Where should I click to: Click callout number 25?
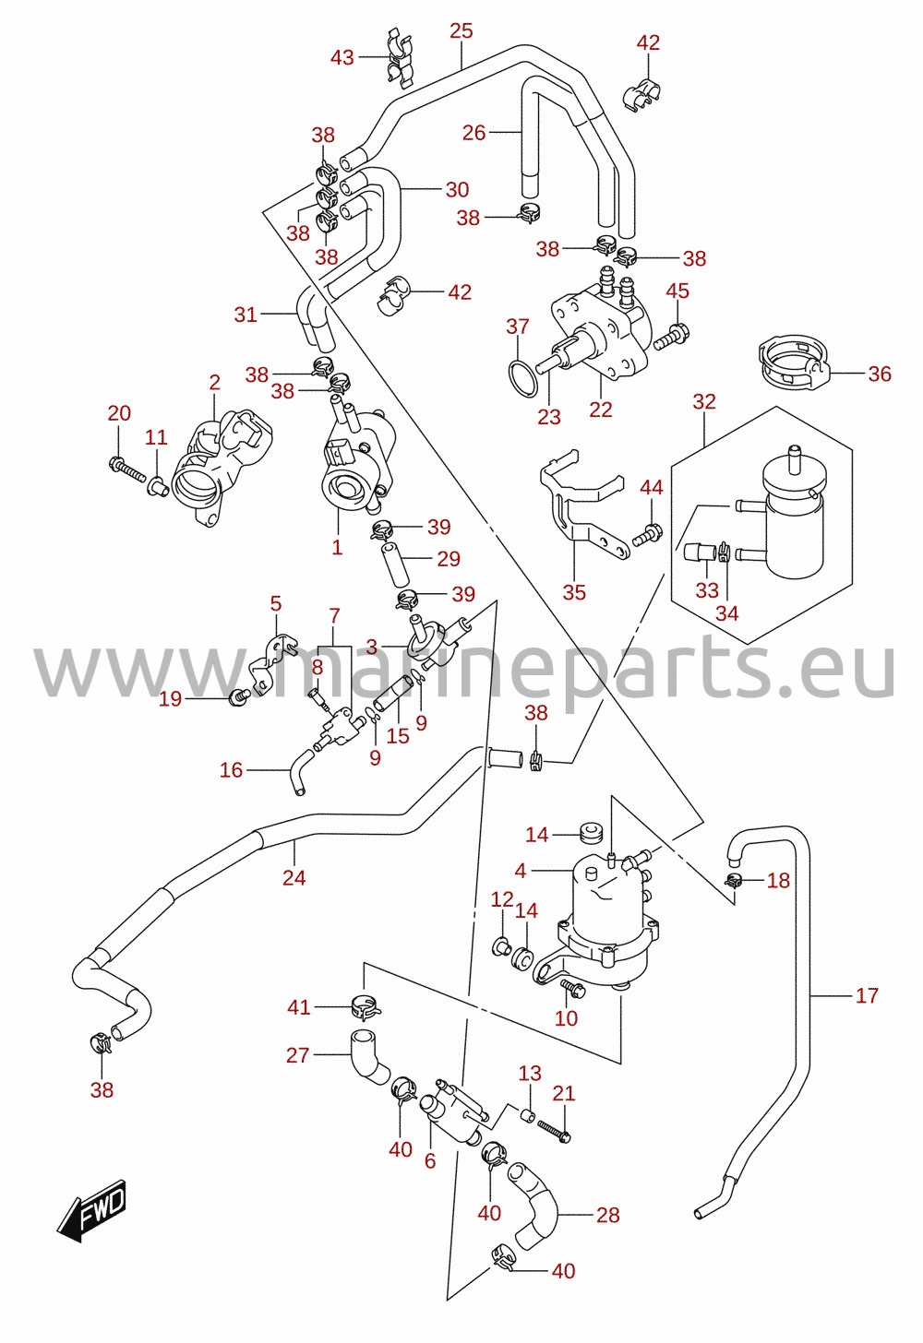(461, 30)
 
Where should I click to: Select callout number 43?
(342, 57)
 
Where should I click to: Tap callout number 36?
(880, 374)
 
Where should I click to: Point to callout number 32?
(704, 401)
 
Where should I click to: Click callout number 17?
(867, 996)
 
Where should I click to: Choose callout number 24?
(294, 878)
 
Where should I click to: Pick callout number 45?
(677, 291)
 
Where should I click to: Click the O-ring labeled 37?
(522, 378)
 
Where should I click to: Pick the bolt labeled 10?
(572, 989)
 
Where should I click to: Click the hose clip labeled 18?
(734, 881)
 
